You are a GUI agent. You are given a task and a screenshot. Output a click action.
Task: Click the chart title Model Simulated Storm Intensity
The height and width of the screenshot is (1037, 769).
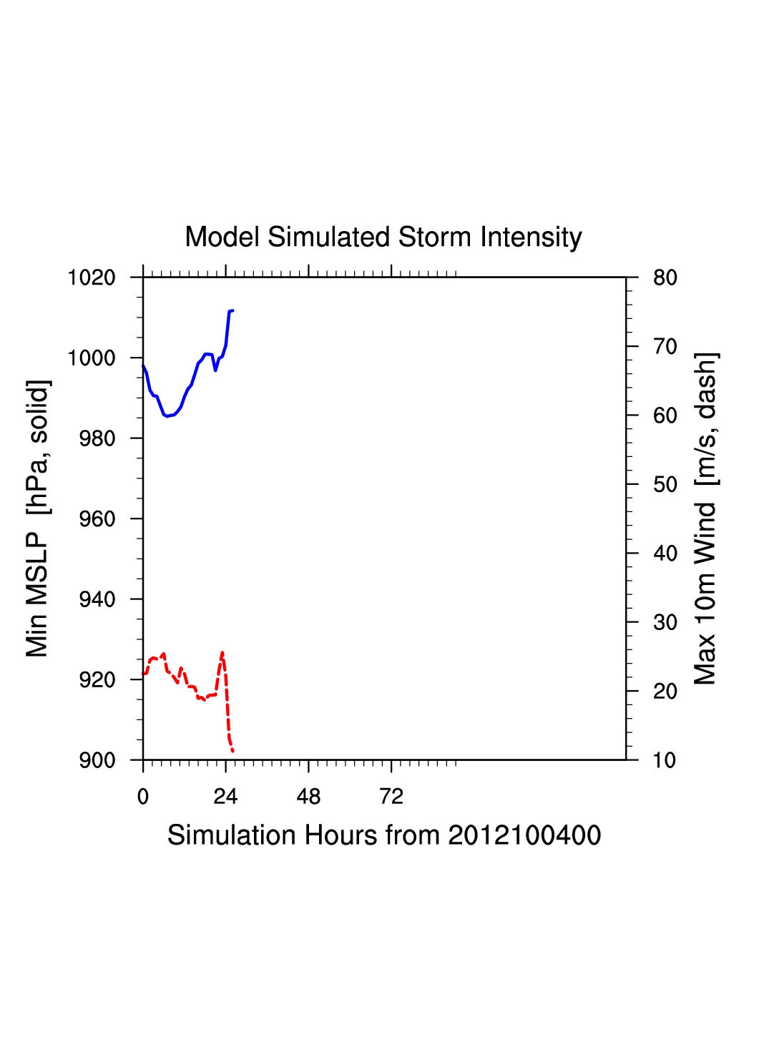(383, 237)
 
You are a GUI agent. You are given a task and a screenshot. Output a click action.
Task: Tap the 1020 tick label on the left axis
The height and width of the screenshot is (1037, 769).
(92, 277)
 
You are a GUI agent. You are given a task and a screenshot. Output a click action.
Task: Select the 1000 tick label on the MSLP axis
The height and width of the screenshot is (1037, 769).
(92, 358)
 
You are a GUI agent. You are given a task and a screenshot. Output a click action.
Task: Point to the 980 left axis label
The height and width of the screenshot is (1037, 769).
(97, 438)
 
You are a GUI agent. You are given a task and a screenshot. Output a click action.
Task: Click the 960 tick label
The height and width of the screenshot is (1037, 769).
(97, 519)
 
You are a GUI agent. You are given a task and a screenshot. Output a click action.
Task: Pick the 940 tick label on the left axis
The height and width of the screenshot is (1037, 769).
(97, 599)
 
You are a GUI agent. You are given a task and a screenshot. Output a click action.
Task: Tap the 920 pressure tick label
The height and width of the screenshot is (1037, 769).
(97, 680)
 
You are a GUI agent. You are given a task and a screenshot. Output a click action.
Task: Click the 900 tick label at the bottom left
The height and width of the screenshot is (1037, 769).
(97, 760)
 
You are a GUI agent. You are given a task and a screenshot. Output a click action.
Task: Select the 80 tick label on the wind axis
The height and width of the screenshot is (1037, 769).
(665, 277)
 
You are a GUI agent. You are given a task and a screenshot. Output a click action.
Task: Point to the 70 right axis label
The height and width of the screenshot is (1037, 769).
(665, 347)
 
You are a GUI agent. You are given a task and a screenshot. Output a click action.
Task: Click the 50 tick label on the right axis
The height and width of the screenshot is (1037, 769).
(665, 485)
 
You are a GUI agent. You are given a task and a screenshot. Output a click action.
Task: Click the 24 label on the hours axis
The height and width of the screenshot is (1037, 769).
(225, 797)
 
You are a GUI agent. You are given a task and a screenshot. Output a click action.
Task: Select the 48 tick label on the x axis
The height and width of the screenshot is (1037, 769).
(308, 797)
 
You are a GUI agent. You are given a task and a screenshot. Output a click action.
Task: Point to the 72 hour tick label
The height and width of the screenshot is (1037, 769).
(391, 797)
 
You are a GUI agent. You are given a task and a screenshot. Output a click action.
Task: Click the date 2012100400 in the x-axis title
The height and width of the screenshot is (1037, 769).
(524, 835)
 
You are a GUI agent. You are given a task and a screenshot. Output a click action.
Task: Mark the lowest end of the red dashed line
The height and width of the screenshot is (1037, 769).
(232, 750)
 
